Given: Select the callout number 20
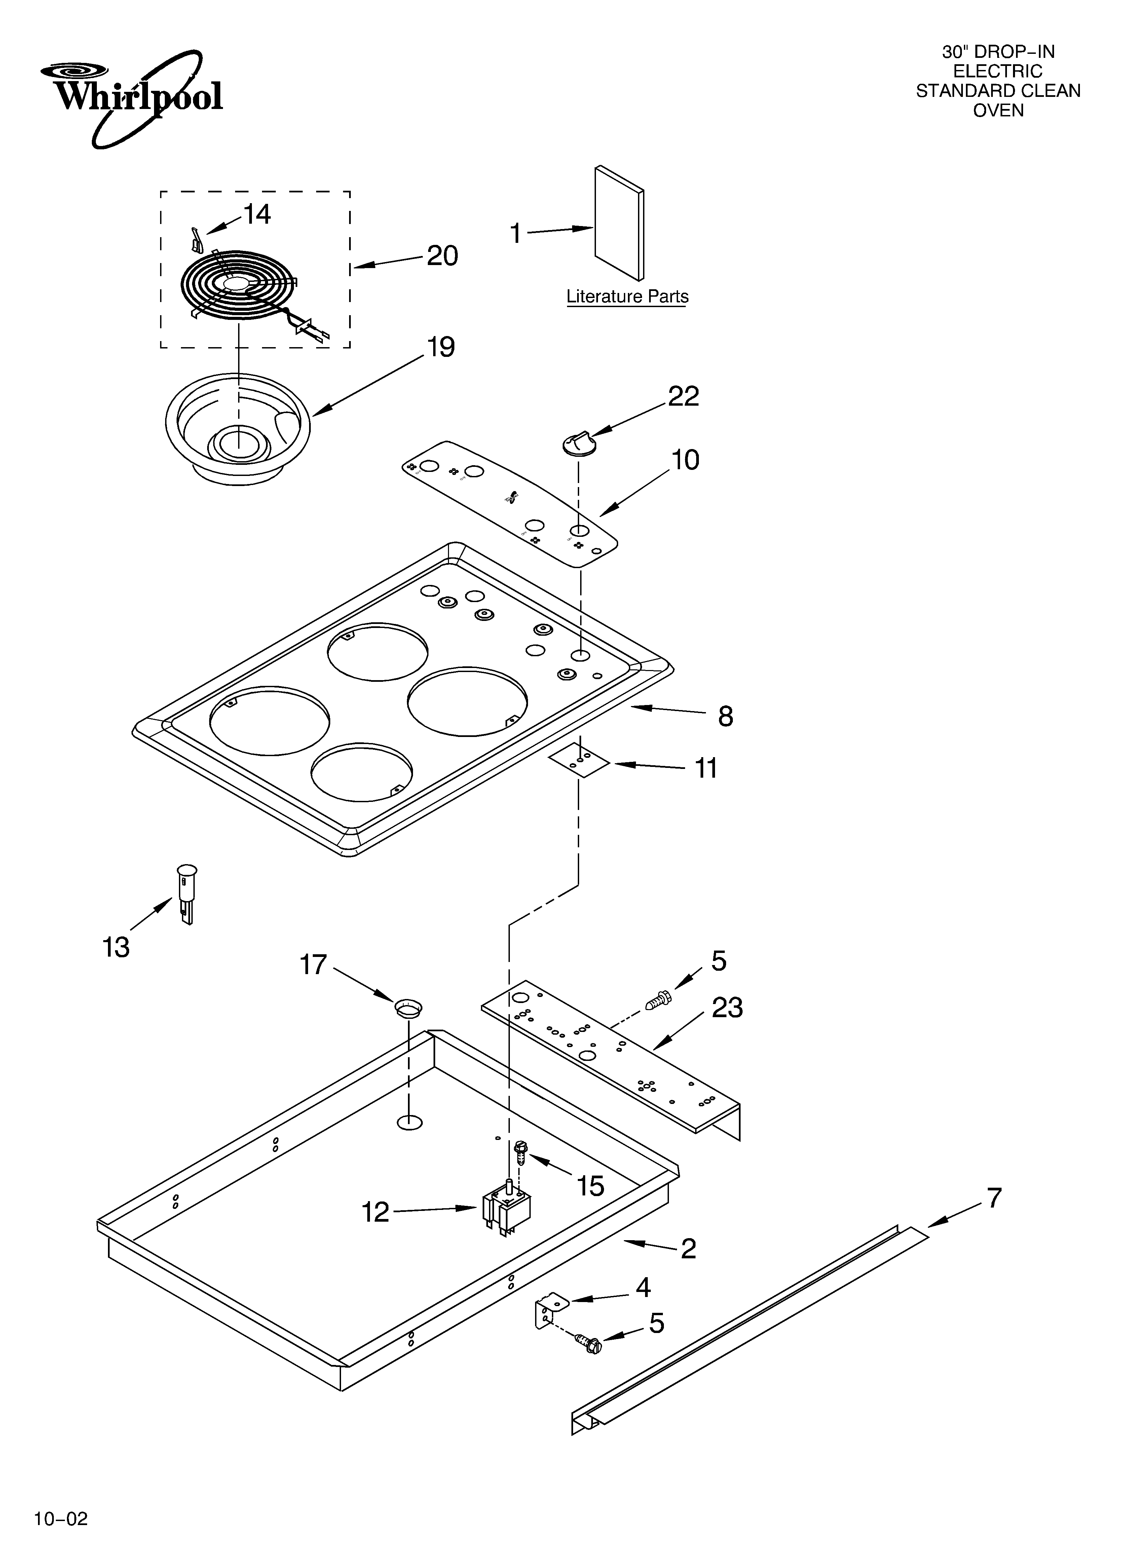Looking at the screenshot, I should pyautogui.click(x=442, y=256).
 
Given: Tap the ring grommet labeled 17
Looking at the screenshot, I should pyautogui.click(x=408, y=1007).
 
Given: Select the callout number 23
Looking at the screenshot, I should pyautogui.click(x=727, y=1008).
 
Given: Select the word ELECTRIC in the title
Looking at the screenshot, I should pyautogui.click(x=998, y=71).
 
